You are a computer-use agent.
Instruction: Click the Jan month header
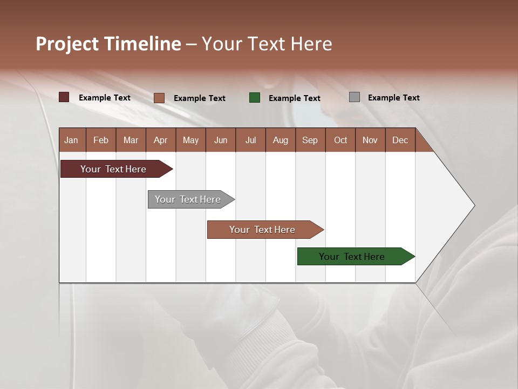(71, 140)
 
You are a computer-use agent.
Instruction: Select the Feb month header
(101, 140)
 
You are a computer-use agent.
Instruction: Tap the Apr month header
(160, 140)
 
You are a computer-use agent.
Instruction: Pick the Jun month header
(221, 140)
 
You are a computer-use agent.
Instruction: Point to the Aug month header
(280, 140)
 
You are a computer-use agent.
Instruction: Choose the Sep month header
(310, 140)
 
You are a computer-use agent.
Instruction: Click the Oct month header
(340, 140)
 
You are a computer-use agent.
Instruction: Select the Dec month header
(400, 140)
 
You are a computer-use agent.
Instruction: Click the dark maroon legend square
(64, 97)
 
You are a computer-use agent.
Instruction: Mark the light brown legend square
(159, 98)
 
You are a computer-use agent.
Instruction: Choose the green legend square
(255, 98)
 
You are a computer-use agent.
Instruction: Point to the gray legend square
(355, 97)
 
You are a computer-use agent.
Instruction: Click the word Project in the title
(67, 44)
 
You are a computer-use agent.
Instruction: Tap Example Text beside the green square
(294, 98)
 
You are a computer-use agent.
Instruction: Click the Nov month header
(370, 140)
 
